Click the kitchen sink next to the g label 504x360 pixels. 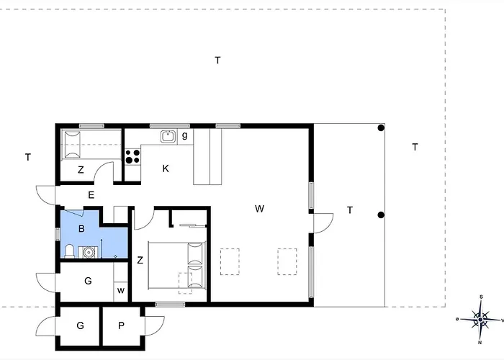(168, 135)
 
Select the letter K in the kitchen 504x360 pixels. (166, 168)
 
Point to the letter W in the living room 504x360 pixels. (259, 209)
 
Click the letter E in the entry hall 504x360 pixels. (91, 194)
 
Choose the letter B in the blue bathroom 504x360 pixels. (81, 229)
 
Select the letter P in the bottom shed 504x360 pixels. (121, 325)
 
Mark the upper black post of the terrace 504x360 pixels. (382, 128)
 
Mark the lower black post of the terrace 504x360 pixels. (382, 215)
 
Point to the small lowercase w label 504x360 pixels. (120, 292)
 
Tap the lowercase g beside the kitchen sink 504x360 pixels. (184, 135)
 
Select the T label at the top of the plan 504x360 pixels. (217, 60)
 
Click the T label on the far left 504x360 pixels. (27, 157)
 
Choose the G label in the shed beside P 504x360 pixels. (81, 325)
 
